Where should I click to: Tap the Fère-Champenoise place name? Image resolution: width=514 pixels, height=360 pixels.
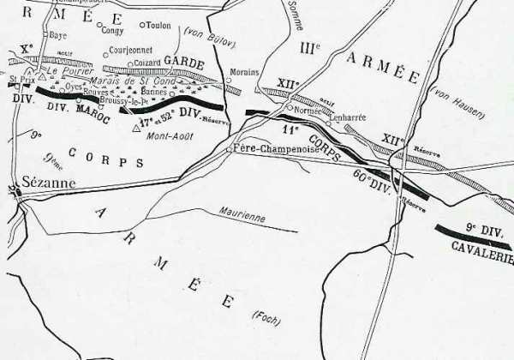click(272, 148)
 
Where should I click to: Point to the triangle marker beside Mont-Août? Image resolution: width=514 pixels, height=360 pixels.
click(137, 129)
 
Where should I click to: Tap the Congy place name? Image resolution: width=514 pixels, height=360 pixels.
click(112, 31)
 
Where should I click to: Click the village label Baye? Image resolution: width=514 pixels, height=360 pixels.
click(58, 36)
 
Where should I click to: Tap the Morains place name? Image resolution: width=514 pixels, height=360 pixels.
click(246, 74)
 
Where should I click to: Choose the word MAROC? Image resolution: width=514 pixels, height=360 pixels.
click(94, 111)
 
